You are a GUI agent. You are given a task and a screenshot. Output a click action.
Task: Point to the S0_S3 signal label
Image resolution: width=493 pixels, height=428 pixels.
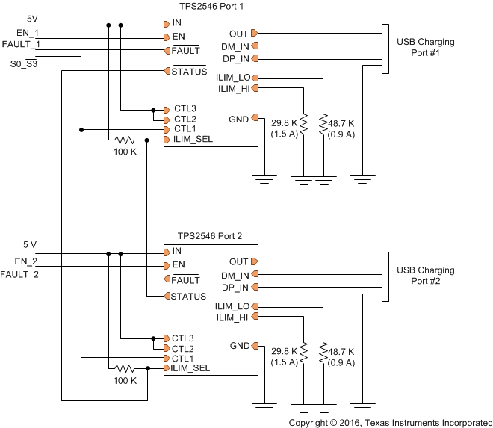(25, 65)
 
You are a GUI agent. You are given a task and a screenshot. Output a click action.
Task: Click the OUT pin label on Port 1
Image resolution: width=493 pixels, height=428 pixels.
(239, 33)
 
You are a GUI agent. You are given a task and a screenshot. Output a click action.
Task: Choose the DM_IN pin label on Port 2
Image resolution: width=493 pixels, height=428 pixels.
(235, 275)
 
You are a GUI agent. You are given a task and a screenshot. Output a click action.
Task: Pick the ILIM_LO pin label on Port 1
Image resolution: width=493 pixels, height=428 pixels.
(233, 78)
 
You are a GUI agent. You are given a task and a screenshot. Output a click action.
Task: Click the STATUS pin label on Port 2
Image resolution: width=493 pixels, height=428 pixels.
(189, 297)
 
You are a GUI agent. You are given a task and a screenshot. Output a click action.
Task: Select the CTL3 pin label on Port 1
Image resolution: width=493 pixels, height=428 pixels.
(185, 109)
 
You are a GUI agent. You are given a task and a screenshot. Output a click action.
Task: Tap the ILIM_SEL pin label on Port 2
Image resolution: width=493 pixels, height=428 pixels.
(190, 368)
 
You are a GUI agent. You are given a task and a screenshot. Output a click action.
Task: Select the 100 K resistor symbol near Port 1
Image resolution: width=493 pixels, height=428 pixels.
(123, 140)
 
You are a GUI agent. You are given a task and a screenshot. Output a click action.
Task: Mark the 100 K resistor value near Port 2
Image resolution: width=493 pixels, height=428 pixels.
(124, 380)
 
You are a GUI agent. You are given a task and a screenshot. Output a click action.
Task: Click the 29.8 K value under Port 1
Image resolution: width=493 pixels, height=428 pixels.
(285, 121)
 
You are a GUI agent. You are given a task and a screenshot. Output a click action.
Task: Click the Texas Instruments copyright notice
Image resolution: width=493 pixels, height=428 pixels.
(390, 422)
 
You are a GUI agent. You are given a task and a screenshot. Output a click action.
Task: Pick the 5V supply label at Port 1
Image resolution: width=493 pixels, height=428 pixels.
(32, 17)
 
